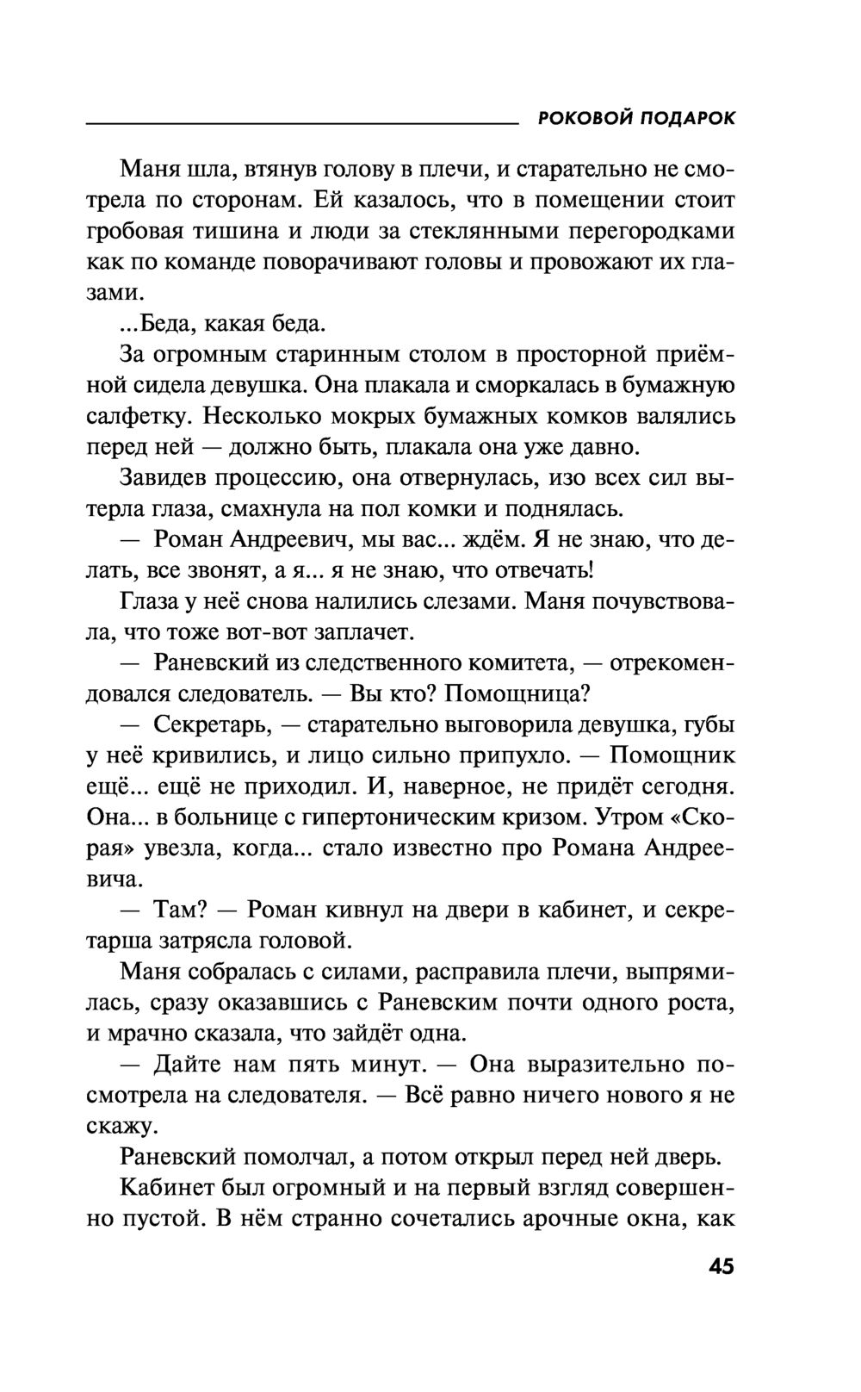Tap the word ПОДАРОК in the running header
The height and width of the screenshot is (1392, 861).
[x=689, y=118]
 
